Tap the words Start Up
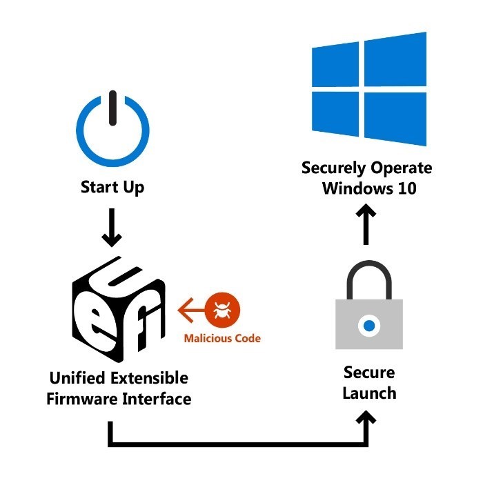click(x=112, y=188)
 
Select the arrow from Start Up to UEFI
click(x=112, y=230)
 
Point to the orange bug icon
click(x=222, y=308)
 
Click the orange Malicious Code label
click(x=222, y=339)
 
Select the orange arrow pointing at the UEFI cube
click(x=191, y=308)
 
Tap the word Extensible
click(x=150, y=378)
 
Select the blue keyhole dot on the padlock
click(x=369, y=325)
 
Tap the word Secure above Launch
click(x=369, y=373)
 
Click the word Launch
click(x=369, y=394)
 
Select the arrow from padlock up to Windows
click(x=368, y=225)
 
